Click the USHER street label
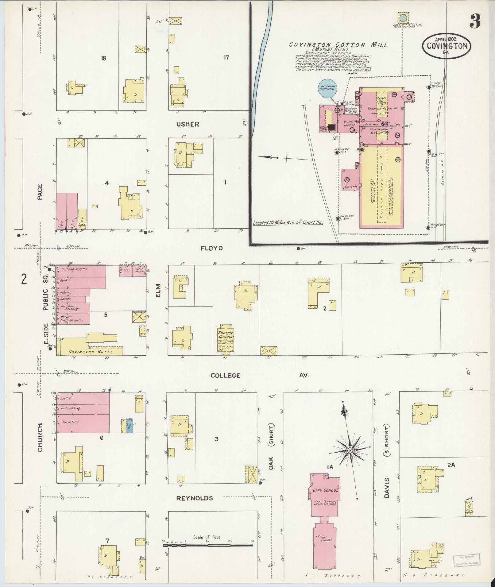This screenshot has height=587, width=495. coord(188,124)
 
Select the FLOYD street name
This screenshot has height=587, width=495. coord(211,248)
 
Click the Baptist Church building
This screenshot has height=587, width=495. coord(226,339)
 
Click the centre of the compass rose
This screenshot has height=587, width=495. coord(350,450)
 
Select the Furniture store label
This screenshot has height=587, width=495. coord(70,422)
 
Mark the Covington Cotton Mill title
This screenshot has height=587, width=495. coord(338,45)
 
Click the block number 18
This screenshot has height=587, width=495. coord(103,58)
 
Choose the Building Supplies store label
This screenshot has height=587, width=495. coord(75,269)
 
